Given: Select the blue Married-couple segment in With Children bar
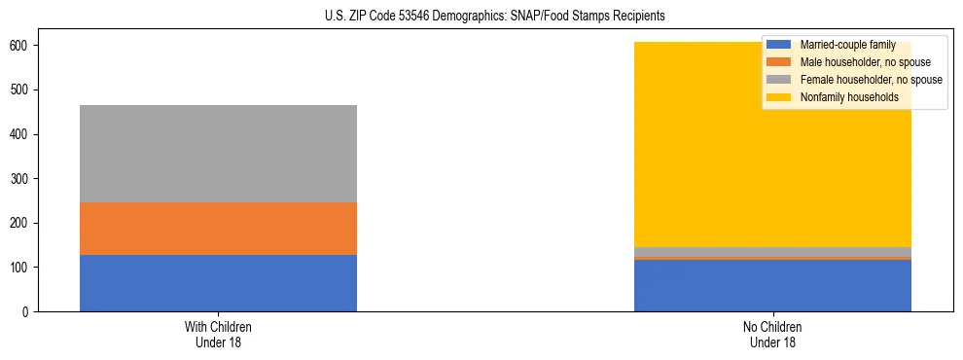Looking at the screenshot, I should point(218,283).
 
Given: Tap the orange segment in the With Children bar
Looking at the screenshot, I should point(218,229).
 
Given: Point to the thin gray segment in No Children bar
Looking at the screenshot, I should point(772,252).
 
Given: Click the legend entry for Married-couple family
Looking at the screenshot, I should point(847,46).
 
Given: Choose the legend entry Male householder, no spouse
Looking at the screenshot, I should point(865,62).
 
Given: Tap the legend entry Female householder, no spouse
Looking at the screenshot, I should point(871,80).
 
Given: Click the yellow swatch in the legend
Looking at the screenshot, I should point(779,97).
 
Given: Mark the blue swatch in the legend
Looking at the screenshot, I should point(779,46).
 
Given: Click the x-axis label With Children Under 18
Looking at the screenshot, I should point(218,334).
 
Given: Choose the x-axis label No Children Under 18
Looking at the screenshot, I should point(772,334).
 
